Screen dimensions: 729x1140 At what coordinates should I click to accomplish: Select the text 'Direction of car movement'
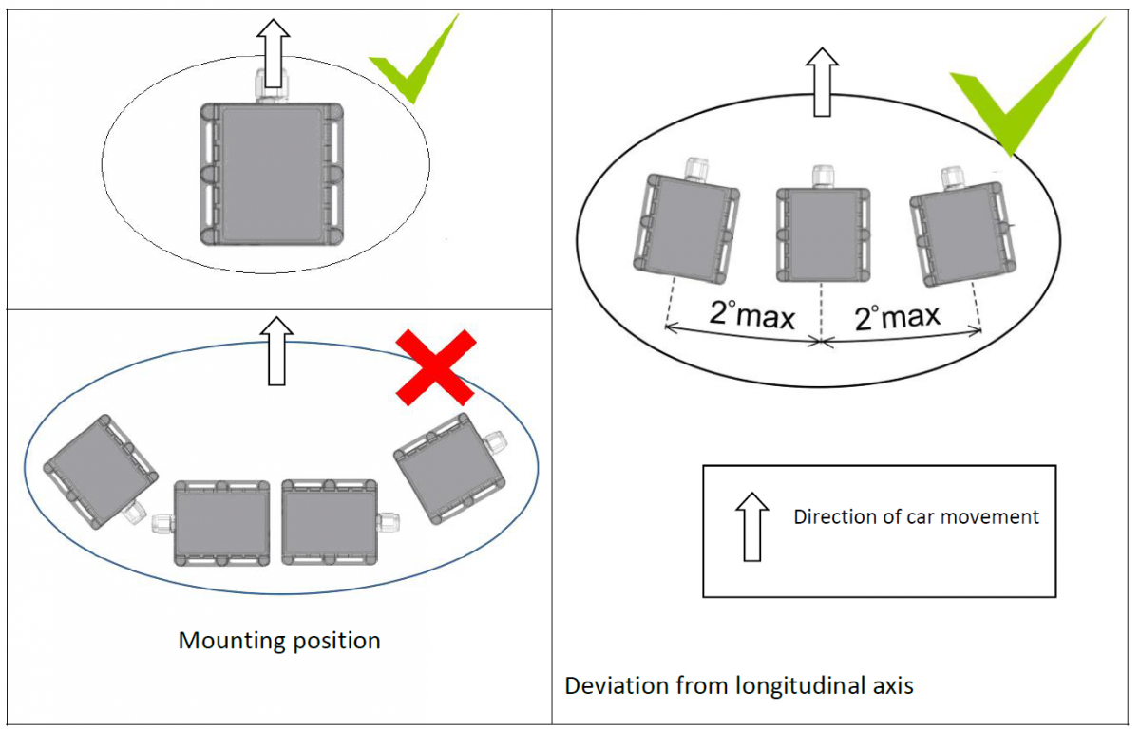pyautogui.click(x=916, y=517)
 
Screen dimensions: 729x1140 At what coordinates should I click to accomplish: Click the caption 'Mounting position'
pyautogui.click(x=279, y=641)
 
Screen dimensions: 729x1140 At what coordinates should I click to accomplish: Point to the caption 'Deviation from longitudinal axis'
pyautogui.click(x=739, y=685)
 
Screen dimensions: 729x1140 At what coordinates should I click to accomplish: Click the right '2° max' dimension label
pyautogui.click(x=898, y=315)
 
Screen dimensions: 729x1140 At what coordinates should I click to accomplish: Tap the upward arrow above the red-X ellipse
pyautogui.click(x=277, y=350)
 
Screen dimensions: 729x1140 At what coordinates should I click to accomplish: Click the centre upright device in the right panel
pyautogui.click(x=822, y=233)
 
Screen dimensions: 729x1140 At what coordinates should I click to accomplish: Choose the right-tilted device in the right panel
pyautogui.click(x=958, y=232)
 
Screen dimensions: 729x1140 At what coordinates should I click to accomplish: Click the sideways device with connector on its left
pyautogui.click(x=220, y=523)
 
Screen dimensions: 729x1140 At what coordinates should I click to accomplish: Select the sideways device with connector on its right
pyautogui.click(x=331, y=522)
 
